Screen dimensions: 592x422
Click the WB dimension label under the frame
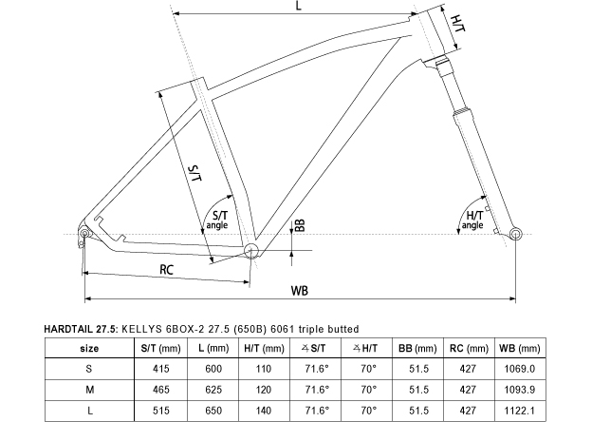[x=300, y=291]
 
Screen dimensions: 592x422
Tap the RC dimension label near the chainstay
[x=166, y=270]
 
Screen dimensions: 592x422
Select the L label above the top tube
[x=298, y=6]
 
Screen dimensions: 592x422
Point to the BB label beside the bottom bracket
[x=300, y=225]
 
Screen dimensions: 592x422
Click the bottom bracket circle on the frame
[x=251, y=250]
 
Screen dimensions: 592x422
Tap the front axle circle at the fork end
[x=515, y=234]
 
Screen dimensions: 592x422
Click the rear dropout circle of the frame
[x=84, y=233]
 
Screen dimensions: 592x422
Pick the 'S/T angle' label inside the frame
[x=217, y=221]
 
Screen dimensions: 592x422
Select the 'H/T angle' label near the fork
[x=472, y=221]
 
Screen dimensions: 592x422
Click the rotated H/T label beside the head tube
[x=458, y=24]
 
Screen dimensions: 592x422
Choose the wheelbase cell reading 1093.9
[x=520, y=390]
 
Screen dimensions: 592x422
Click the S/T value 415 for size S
[x=161, y=369]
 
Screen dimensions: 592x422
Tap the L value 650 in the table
[x=213, y=411]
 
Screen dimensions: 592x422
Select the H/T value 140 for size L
[x=263, y=411]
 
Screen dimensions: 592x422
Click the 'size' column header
[x=89, y=348]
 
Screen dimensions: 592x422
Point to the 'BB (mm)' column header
[x=417, y=348]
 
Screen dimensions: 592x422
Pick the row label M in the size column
[x=89, y=390]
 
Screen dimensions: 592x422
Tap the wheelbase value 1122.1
[x=520, y=411]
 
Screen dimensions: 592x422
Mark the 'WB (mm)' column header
[x=520, y=348]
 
